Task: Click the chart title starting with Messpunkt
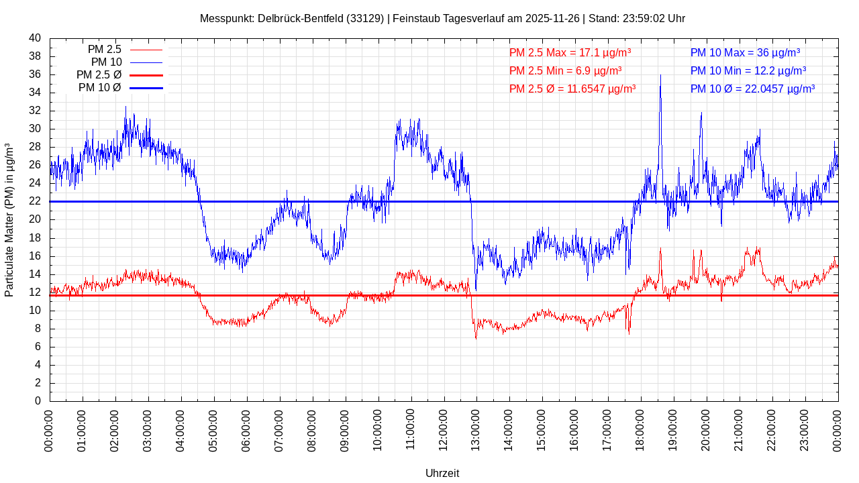(442, 19)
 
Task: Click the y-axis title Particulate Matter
(9, 220)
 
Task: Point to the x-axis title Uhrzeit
(442, 473)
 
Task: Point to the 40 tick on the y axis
(35, 38)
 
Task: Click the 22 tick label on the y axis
(35, 201)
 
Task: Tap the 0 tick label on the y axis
(38, 401)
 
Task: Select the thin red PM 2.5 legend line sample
(146, 50)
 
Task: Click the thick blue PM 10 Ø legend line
(146, 88)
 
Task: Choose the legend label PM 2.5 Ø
(99, 75)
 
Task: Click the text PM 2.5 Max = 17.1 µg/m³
(570, 53)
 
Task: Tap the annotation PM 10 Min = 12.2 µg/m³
(748, 70)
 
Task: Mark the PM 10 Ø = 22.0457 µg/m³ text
(752, 89)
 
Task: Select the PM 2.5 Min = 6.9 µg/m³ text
(565, 70)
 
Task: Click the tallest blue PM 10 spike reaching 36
(660, 76)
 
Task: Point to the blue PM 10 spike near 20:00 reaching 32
(701, 114)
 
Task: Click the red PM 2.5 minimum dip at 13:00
(476, 337)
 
